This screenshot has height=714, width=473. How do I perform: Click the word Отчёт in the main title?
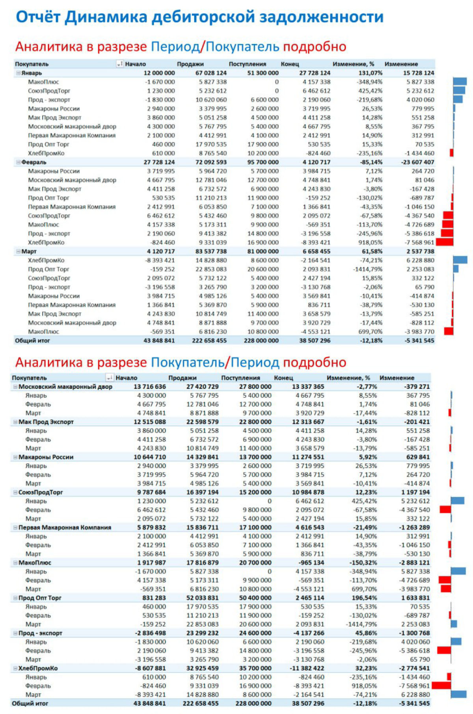point(38,17)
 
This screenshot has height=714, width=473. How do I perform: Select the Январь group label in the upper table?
point(32,73)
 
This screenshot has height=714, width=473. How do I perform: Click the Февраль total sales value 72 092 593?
point(211,162)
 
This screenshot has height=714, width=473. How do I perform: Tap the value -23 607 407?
point(418,162)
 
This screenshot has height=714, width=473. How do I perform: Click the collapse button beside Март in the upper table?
point(18,251)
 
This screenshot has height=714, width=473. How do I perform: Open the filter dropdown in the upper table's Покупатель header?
point(120,64)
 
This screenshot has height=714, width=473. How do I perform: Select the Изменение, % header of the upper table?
point(353,64)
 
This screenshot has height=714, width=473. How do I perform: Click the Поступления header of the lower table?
point(240,378)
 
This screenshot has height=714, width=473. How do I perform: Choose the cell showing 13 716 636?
point(150,387)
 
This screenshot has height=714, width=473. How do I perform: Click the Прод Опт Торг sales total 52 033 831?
point(203,598)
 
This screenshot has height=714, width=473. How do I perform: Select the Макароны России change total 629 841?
point(418,457)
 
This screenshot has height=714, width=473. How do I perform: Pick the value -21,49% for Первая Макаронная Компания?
point(365,528)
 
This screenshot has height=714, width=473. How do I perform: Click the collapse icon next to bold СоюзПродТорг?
point(15,492)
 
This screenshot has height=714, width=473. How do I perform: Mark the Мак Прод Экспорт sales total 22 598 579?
point(203,422)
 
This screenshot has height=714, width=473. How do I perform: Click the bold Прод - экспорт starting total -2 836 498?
point(150,633)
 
